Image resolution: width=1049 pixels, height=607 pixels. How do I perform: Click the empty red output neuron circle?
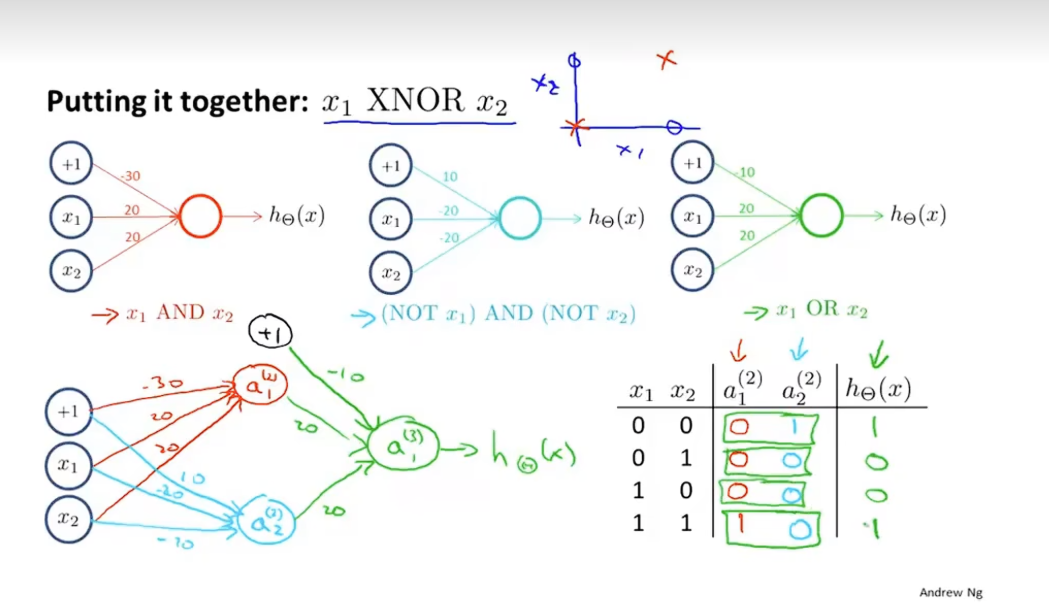(x=201, y=216)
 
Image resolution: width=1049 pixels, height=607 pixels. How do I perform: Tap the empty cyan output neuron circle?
(x=520, y=218)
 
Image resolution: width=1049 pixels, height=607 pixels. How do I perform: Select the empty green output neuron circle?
(x=822, y=215)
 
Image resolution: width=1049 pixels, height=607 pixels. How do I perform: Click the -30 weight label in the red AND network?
(x=130, y=176)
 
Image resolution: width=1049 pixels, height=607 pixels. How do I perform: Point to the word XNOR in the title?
(x=415, y=100)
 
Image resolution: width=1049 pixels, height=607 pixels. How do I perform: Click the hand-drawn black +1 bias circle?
(x=270, y=332)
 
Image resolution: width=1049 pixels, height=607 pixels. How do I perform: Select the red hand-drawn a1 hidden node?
(x=260, y=384)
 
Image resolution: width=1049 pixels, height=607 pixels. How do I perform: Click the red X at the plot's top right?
(x=666, y=60)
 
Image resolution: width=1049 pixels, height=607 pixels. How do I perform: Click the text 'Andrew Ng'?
(x=950, y=593)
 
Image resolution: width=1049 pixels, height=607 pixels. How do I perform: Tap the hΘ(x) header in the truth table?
(x=878, y=390)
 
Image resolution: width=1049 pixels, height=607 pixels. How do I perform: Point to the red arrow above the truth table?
(x=739, y=351)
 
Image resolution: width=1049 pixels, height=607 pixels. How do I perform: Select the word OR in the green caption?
(x=823, y=309)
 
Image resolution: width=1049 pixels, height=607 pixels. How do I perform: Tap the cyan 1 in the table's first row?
(x=794, y=426)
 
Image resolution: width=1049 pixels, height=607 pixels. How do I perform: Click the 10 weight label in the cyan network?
(x=450, y=177)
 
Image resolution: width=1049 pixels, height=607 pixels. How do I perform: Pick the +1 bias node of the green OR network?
(x=692, y=163)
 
